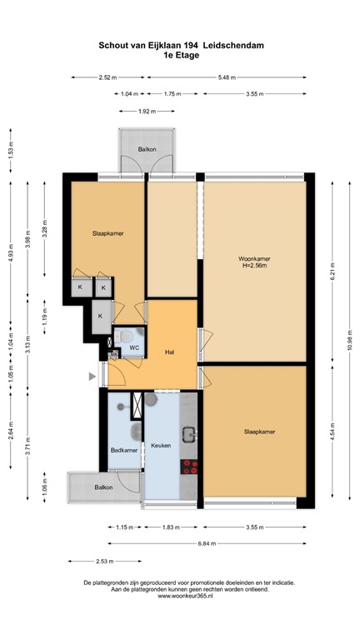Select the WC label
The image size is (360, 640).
tap(133, 347)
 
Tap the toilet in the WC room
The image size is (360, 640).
tap(122, 337)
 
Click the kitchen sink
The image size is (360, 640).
tap(189, 433)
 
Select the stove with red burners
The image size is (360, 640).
tap(190, 467)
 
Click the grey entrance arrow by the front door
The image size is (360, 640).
tap(92, 377)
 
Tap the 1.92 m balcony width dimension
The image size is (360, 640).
tap(147, 111)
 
